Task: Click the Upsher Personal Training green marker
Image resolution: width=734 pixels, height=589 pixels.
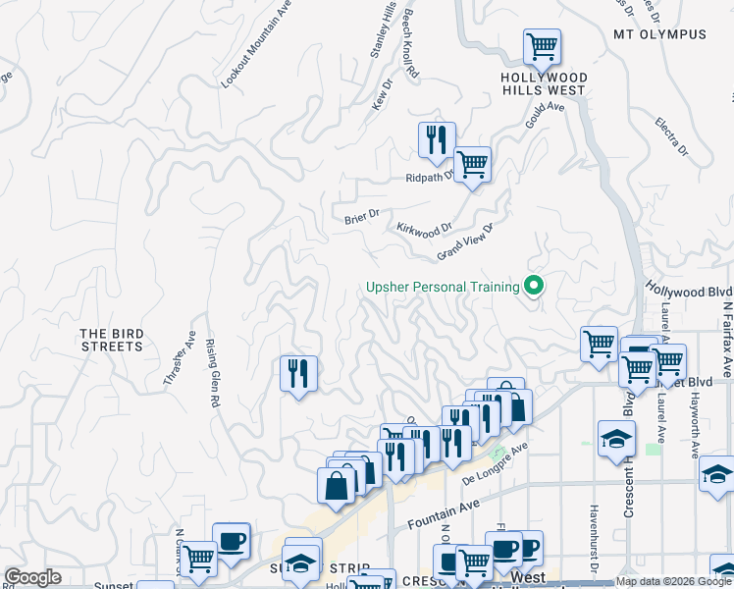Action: pyautogui.click(x=535, y=287)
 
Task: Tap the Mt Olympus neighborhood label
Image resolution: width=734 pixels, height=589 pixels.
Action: pyautogui.click(x=659, y=34)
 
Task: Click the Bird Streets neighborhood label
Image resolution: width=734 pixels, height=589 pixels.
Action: pyautogui.click(x=112, y=340)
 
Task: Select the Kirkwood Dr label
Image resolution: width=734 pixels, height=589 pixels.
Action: pyautogui.click(x=424, y=228)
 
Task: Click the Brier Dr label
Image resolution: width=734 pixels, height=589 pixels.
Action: pyautogui.click(x=361, y=217)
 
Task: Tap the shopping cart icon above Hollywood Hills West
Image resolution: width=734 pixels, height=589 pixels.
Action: pyautogui.click(x=542, y=46)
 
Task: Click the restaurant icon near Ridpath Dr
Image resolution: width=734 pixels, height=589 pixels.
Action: pyautogui.click(x=437, y=139)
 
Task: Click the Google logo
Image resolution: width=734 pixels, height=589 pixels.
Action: pyautogui.click(x=32, y=577)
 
